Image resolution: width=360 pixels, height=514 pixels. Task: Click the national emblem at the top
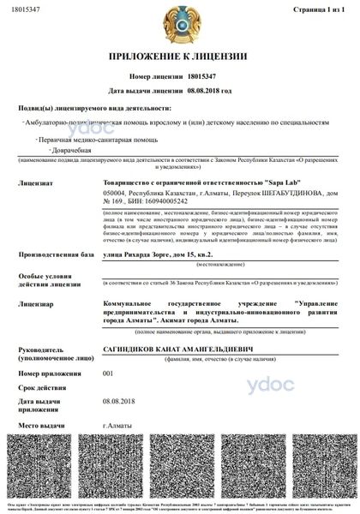179,23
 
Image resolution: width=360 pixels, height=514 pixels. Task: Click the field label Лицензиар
33,303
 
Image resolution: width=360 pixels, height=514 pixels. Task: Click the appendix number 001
108,373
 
